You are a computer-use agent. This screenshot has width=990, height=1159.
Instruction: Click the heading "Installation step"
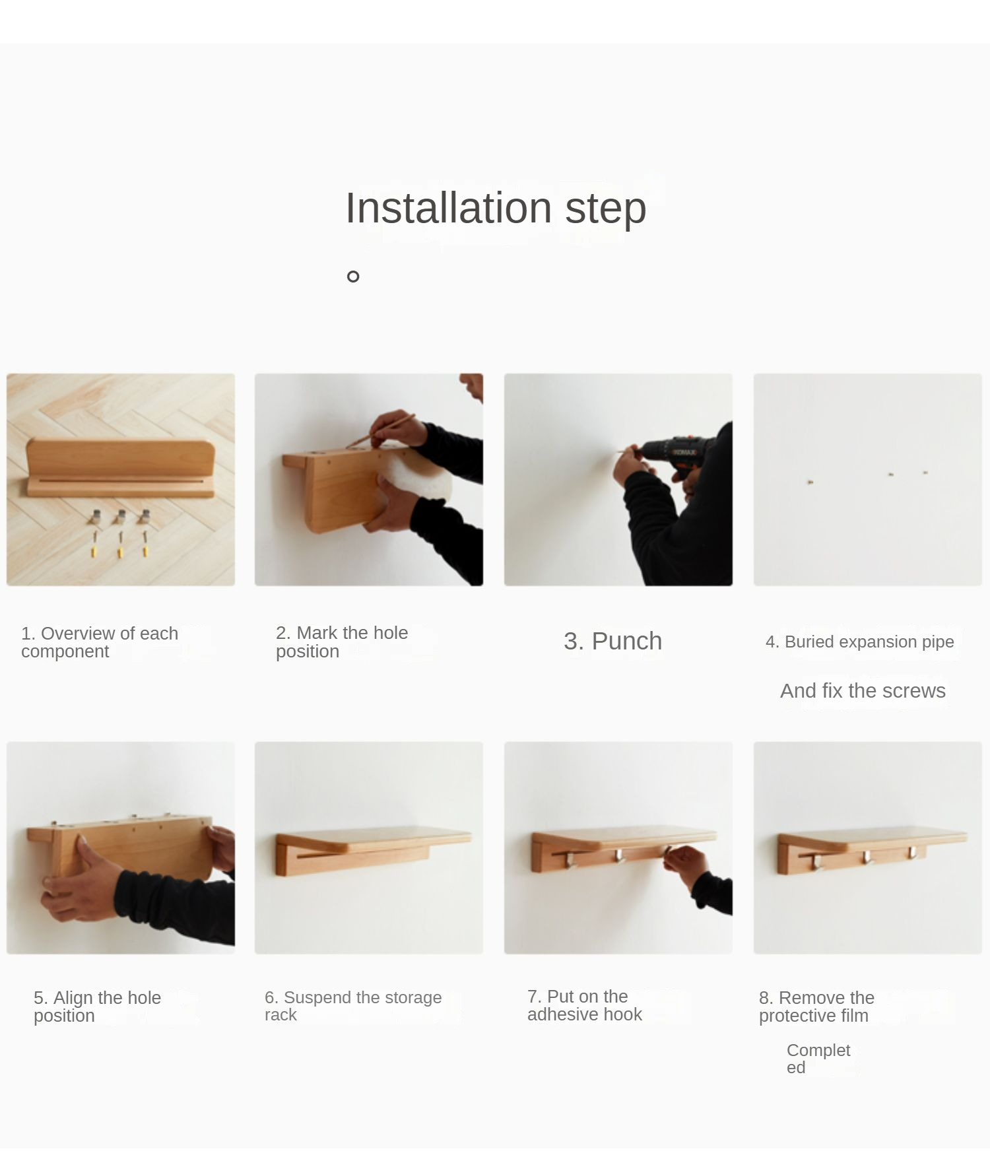tap(496, 208)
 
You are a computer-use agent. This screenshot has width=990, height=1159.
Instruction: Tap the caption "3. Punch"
tap(612, 641)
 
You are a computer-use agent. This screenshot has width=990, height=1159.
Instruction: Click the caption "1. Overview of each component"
tap(100, 642)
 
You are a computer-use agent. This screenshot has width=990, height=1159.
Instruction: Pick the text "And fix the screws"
tap(863, 690)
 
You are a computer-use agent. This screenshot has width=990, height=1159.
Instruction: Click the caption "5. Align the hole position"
tap(97, 1007)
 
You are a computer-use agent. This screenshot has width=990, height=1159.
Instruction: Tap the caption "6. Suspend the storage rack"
tap(353, 1006)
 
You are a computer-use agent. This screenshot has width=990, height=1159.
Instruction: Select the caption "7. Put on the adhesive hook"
tap(584, 1005)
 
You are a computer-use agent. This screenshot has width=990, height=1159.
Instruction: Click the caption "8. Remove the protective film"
tap(816, 1007)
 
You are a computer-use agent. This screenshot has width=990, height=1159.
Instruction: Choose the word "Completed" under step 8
tap(818, 1059)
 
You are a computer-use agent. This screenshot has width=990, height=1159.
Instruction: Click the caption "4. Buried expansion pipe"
tap(859, 642)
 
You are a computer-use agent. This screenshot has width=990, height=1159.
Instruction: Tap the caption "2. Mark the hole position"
tap(342, 642)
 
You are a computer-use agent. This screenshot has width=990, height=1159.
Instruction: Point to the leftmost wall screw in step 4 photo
tap(810, 482)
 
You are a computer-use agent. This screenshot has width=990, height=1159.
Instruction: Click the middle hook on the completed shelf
tap(867, 857)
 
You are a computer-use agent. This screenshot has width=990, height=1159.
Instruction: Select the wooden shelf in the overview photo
tap(121, 469)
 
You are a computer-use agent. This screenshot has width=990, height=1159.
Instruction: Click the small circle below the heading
tap(353, 277)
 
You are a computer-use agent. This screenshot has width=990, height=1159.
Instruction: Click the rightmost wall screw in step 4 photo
tap(925, 473)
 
